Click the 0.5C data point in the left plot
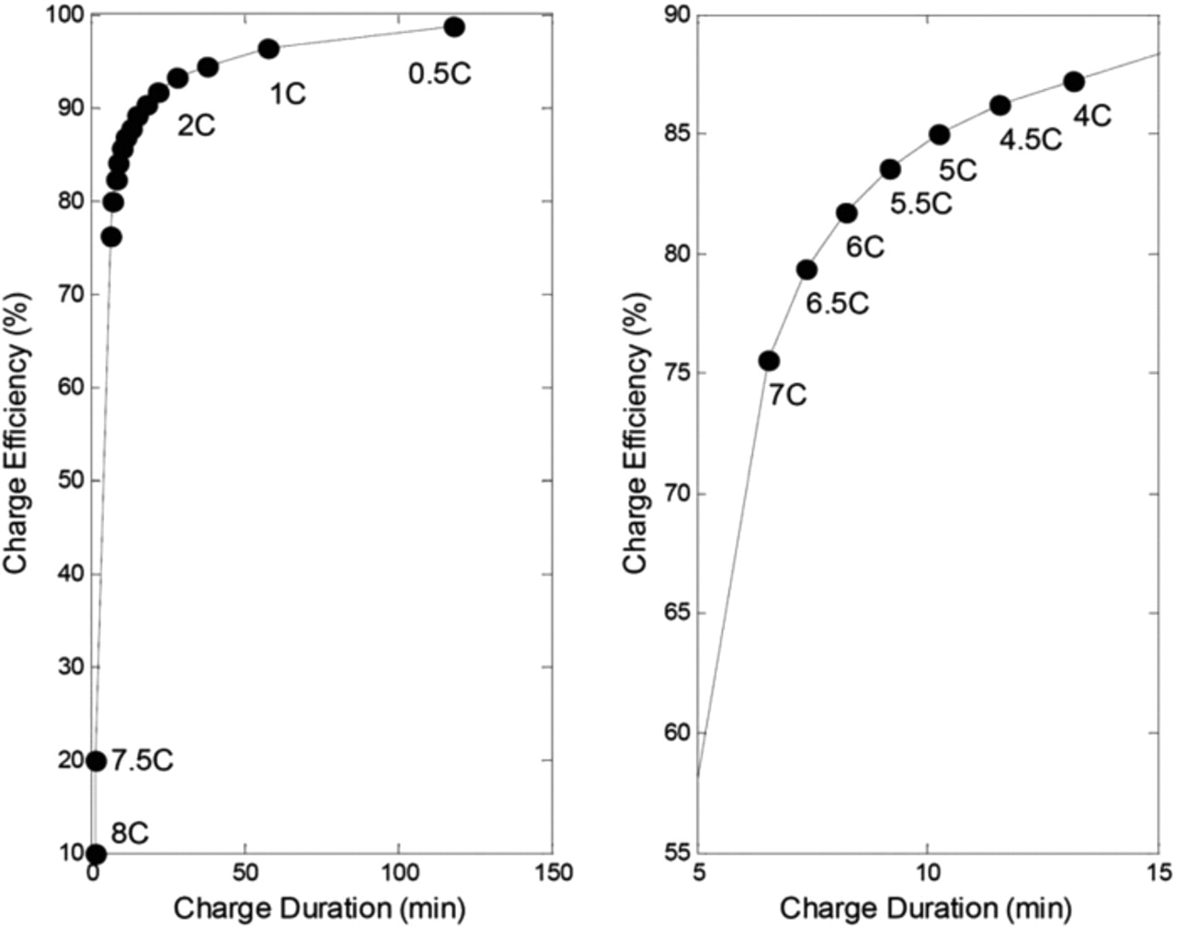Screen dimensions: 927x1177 [453, 27]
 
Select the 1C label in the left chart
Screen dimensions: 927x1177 [287, 94]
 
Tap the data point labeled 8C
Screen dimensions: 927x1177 [96, 854]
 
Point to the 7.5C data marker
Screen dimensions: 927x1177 [96, 761]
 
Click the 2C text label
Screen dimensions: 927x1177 [196, 126]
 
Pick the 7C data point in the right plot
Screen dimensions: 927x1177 [769, 361]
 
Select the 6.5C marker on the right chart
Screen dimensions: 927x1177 [806, 269]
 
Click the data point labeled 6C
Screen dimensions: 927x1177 [847, 213]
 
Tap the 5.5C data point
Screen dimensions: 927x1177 [890, 169]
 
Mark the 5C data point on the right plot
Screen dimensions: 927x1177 [939, 135]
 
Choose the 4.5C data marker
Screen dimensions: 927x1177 [1000, 106]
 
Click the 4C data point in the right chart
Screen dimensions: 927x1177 [1073, 82]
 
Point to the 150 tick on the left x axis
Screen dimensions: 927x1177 [552, 873]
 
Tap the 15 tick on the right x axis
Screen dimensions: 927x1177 [1158, 873]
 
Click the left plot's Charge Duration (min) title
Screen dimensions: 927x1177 [320, 909]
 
